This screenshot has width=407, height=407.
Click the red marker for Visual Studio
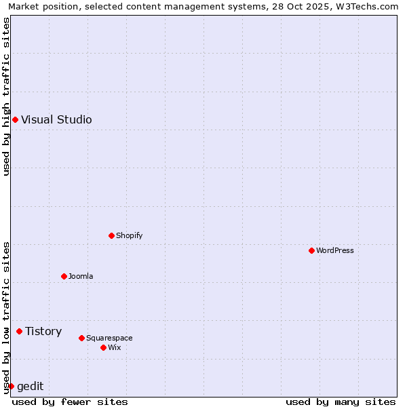pos(15,120)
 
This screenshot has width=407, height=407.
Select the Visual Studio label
pos(56,120)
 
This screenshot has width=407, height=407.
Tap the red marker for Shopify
pos(111,236)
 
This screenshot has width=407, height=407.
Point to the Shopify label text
pos(129,236)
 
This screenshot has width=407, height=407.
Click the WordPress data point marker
pos(311,251)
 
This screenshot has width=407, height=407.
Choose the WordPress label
pos(335,251)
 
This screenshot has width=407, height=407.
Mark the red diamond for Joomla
pos(64,277)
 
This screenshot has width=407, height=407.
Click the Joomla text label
pos(81,277)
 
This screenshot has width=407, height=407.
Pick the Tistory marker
pos(19,332)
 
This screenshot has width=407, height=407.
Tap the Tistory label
pos(43,332)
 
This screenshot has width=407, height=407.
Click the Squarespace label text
pos(109,338)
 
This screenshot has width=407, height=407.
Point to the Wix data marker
pos(103,348)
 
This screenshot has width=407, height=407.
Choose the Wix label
pos(115,348)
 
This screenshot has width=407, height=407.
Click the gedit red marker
pos(11,387)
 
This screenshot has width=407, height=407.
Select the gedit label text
pos(30,387)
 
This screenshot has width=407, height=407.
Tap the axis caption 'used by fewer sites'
pos(70,402)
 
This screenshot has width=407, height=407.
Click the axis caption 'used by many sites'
pos(341,402)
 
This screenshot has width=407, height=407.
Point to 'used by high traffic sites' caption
pos(7,96)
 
